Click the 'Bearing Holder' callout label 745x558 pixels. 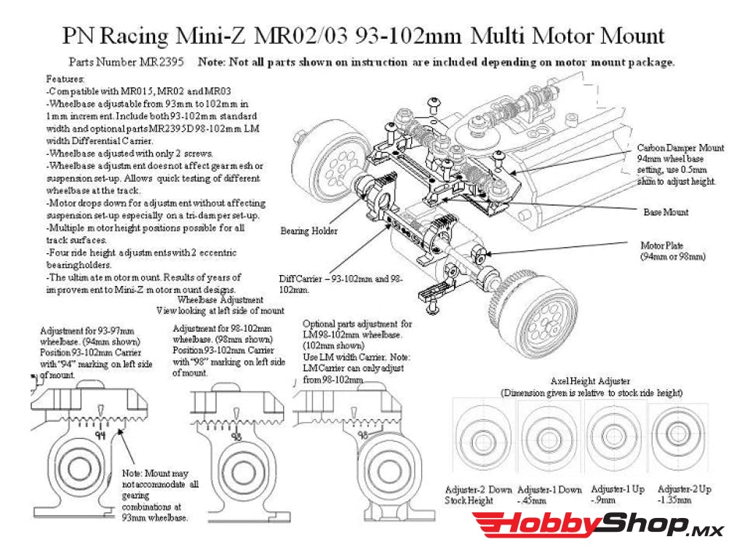(x=308, y=231)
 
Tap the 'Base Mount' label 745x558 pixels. (x=666, y=212)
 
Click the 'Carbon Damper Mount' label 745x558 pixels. (x=680, y=148)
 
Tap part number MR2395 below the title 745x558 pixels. (x=164, y=63)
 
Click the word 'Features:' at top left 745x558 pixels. (x=65, y=79)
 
